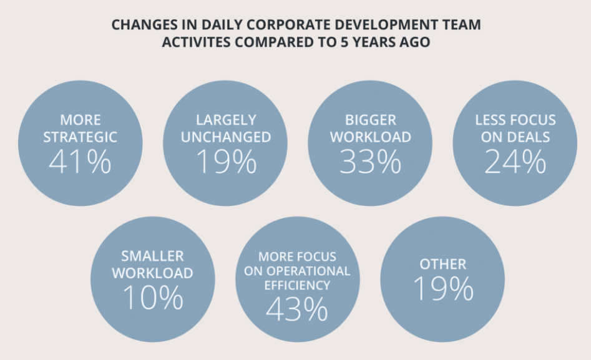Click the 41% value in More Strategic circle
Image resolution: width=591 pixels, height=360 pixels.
[x=80, y=162]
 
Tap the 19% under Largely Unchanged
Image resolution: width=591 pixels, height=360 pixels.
[x=225, y=162]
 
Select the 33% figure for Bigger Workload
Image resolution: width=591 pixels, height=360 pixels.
[x=371, y=162]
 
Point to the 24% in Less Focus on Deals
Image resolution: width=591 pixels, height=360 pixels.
[x=515, y=162]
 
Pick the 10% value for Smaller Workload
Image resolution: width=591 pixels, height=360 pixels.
[x=152, y=298]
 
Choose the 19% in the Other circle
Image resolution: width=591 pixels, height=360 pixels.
[x=442, y=288]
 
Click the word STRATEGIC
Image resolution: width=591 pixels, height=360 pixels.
[x=80, y=137]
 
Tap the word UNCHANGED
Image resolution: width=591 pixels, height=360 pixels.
[x=225, y=137]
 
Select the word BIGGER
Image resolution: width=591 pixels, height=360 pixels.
[x=371, y=120]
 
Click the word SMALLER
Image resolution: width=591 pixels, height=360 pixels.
[x=152, y=256]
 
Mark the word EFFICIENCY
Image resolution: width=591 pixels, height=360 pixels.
[x=297, y=285]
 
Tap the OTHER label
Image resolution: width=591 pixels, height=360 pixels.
[x=442, y=264]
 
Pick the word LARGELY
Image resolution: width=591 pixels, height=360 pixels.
[x=225, y=120]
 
